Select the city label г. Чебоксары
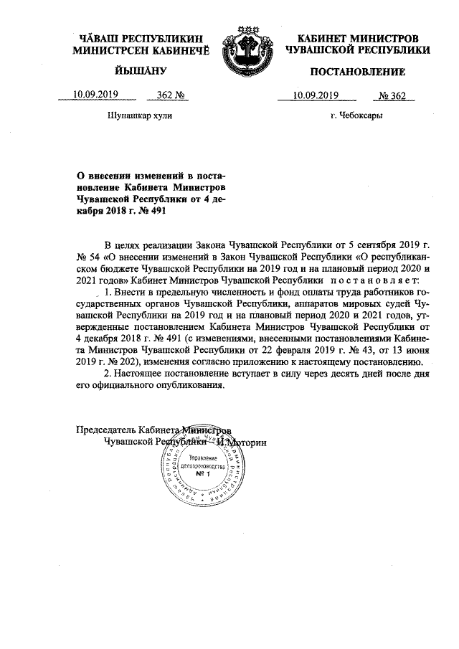356,115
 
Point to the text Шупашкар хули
140,115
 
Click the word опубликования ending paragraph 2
181,385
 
